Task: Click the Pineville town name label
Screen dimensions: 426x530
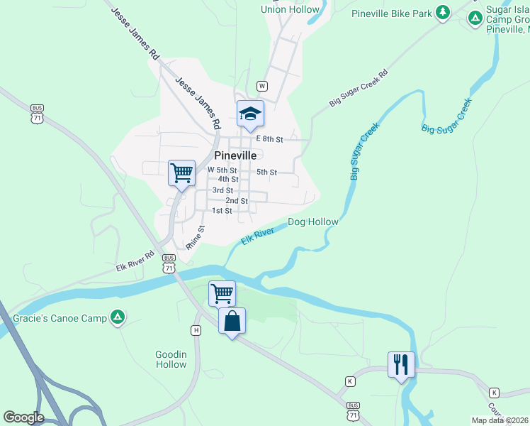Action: [x=235, y=155]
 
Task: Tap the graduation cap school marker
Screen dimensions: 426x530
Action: [x=250, y=114]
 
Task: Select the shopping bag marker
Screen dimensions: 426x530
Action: [x=232, y=321]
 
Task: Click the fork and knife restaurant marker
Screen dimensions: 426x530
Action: [x=401, y=365]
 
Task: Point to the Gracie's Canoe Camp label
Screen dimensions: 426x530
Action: [x=59, y=318]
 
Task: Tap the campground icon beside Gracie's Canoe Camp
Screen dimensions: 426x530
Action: [x=119, y=317]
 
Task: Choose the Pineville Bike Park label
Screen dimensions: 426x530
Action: [x=391, y=13]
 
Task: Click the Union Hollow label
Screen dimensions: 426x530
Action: [x=290, y=9]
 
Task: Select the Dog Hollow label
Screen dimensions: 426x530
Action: [x=312, y=222]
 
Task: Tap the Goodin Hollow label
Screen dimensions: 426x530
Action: [x=171, y=359]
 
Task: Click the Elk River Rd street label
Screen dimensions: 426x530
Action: [x=135, y=261]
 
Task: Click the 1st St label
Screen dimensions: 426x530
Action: [x=222, y=211]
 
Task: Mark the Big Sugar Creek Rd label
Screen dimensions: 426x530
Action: [x=359, y=88]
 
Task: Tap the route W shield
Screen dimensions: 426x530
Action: [x=262, y=86]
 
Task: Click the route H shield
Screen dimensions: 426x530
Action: [x=196, y=330]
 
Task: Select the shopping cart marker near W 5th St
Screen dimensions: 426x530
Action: [x=181, y=173]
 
